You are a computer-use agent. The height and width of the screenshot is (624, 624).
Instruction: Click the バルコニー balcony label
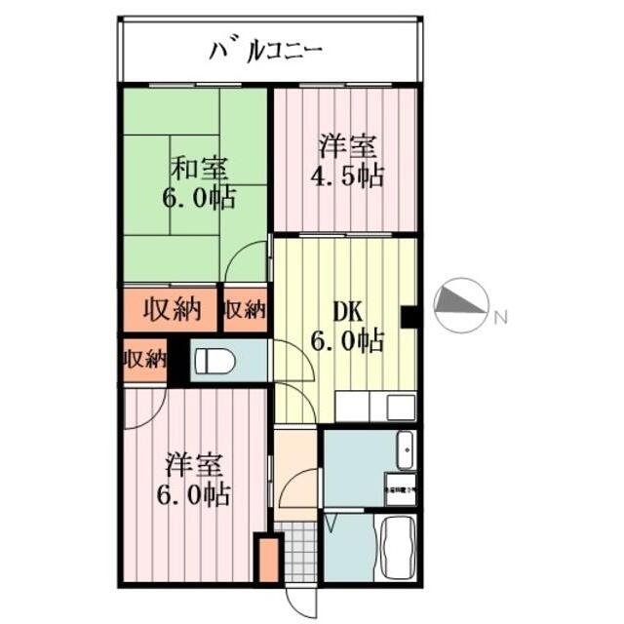click(x=264, y=48)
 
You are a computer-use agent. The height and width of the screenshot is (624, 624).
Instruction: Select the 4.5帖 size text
click(x=346, y=177)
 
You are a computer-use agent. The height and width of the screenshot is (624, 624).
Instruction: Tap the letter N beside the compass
click(x=500, y=317)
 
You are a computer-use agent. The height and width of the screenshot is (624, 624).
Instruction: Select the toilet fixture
click(x=215, y=362)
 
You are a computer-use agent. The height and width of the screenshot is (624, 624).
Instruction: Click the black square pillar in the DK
click(x=410, y=316)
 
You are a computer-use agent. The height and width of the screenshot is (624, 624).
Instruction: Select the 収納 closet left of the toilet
click(x=144, y=359)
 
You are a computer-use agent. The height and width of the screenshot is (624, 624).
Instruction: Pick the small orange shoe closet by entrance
click(x=266, y=559)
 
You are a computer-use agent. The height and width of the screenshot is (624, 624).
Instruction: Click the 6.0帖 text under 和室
click(x=198, y=198)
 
